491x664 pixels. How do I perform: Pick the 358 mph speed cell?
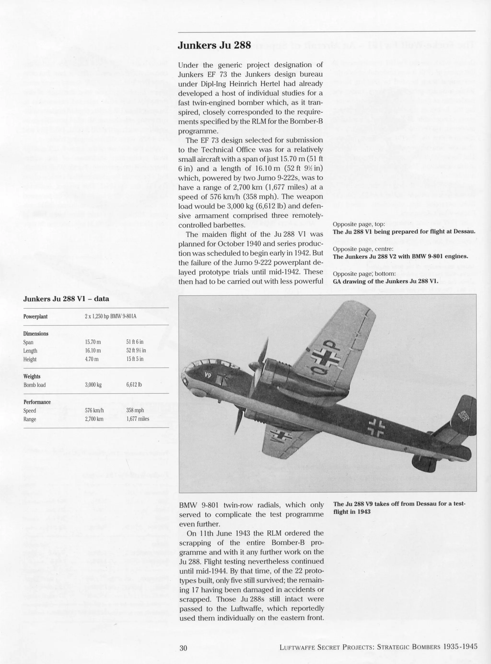[135, 410]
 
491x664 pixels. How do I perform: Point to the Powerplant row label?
[35, 316]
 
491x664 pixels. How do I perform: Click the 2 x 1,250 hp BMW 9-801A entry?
[110, 316]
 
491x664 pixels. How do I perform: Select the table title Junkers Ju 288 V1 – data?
[66, 299]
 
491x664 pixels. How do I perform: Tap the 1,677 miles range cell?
[138, 419]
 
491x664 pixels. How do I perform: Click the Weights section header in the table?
[32, 376]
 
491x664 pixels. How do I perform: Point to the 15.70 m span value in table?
[93, 342]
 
